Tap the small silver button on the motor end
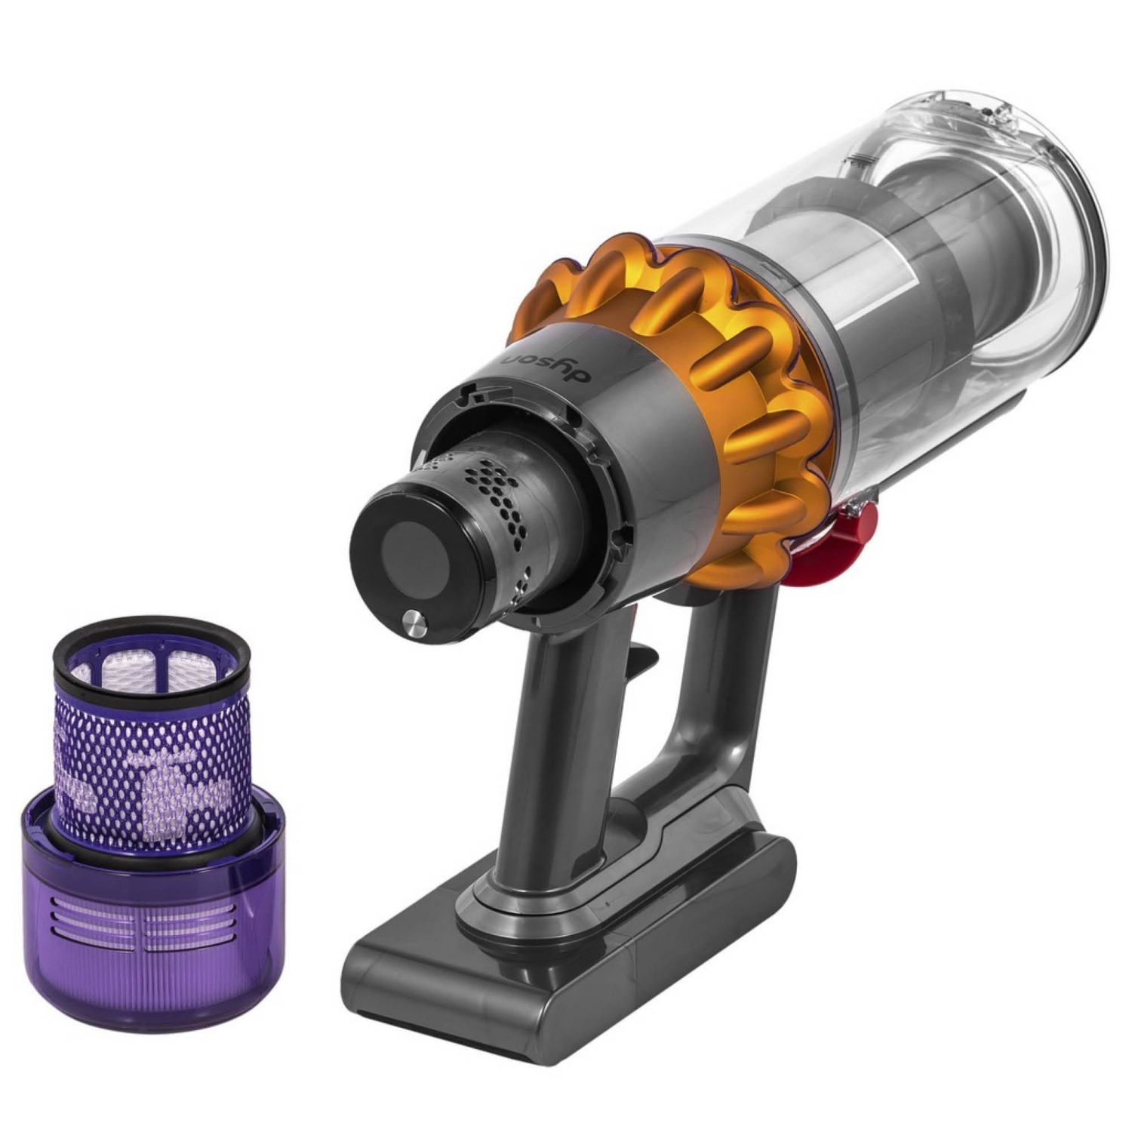(414, 624)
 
